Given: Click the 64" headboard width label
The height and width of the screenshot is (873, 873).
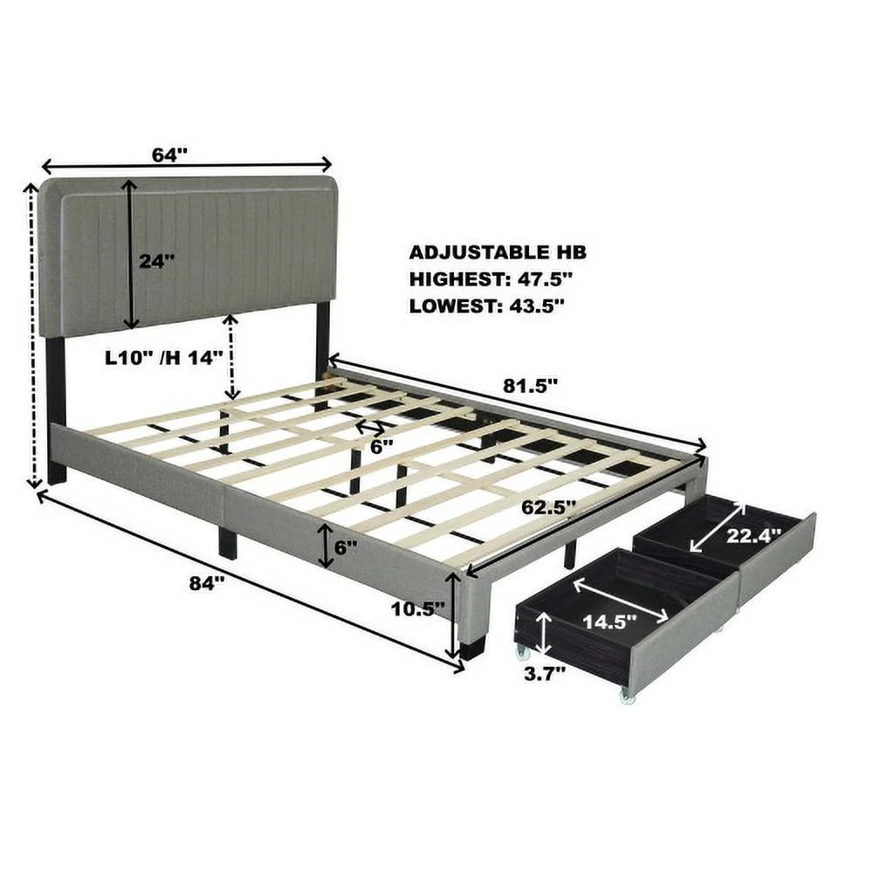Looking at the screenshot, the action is coord(170,155).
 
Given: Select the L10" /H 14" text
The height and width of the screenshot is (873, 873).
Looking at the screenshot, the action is coord(164,357).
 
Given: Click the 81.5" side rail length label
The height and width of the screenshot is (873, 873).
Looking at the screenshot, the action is coord(530,385).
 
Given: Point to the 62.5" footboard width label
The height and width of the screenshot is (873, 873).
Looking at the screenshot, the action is coord(548,507).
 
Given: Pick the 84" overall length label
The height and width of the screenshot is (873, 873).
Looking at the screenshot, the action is coord(207,583).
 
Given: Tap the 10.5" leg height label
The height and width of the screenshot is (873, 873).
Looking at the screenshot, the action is coord(418,608).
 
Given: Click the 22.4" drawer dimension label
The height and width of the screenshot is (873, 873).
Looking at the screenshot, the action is coord(754,536).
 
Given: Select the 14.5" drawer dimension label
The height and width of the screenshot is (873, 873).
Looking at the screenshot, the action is coord(609,622).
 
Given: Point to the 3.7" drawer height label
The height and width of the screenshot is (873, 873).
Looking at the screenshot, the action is coord(545,674).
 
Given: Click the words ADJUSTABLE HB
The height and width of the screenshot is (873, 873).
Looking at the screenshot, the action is coord(498,252).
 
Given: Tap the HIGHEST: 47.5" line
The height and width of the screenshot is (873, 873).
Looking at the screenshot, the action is coord(491,279).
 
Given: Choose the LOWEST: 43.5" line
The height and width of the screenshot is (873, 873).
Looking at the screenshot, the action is coord(487,306).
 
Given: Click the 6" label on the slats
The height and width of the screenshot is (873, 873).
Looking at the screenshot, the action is coord(382,446).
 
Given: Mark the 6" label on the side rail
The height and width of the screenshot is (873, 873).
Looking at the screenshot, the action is coord(346,547).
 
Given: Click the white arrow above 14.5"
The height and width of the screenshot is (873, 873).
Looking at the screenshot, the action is coord(620,601).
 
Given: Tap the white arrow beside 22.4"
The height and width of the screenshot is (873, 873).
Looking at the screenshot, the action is coord(717,527).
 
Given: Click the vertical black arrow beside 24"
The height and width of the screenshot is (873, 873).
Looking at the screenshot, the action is coord(130,254).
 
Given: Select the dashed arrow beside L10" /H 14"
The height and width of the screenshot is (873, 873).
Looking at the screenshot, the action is coord(231,356).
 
